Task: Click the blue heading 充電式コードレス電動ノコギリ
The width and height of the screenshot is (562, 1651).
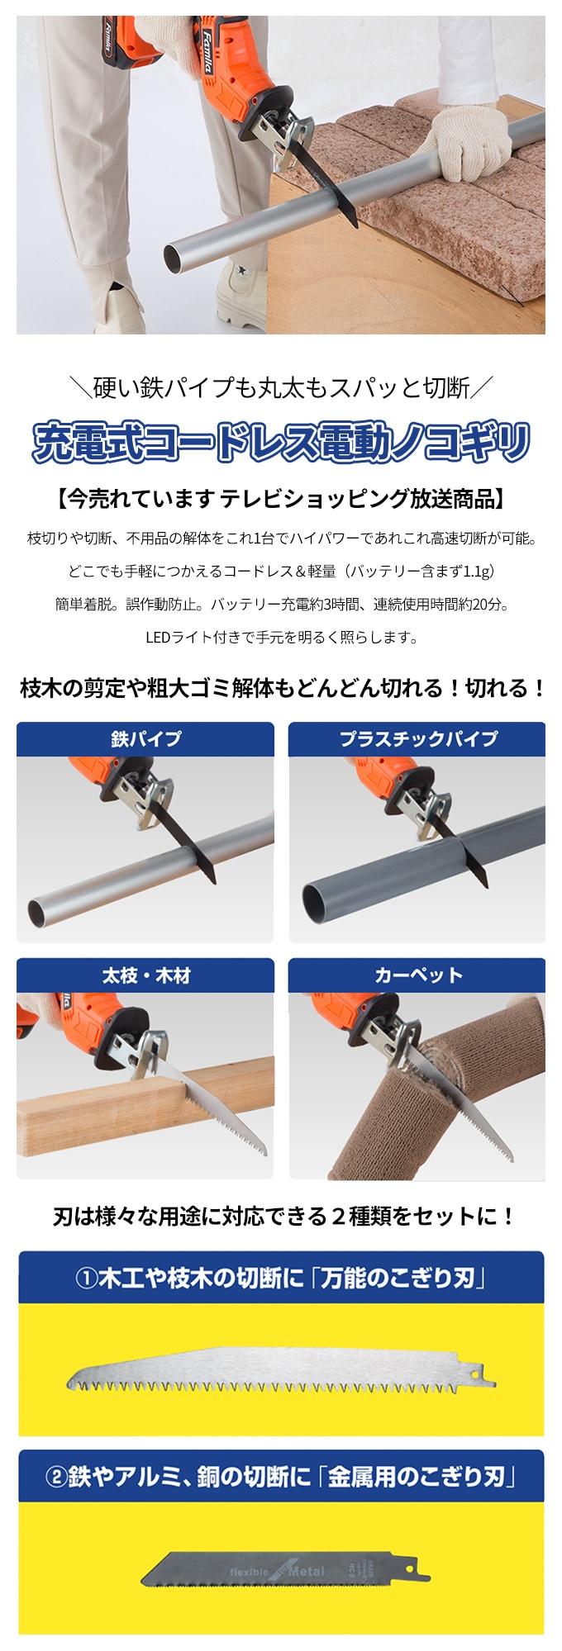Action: coord(281,442)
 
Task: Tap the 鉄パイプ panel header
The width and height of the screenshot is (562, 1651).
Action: coord(145,738)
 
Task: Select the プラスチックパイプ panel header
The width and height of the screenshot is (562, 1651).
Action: coord(417,738)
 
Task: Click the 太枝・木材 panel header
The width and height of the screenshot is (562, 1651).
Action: coord(145,975)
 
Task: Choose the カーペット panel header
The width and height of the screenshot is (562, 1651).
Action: coord(417,975)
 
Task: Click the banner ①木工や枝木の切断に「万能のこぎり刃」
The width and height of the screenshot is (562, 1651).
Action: coord(281,1278)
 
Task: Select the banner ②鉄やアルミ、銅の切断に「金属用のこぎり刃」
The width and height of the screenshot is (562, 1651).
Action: coord(281,1476)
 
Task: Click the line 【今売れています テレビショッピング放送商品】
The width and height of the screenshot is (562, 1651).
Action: coord(281,498)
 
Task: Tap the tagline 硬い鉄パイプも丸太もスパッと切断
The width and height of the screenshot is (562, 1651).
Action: coord(281,387)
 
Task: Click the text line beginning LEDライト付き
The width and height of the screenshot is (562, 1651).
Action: coord(281,637)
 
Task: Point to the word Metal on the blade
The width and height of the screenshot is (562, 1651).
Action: coord(306,1571)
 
